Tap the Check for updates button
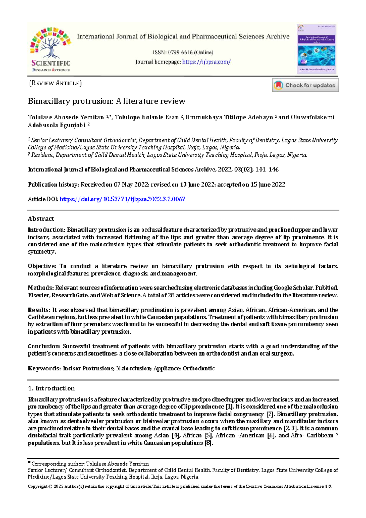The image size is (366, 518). (305, 85)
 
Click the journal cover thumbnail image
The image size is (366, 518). (317, 49)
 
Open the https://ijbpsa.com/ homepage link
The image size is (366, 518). (206, 62)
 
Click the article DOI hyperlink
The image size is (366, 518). (122, 199)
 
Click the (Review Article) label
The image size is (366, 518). (55, 83)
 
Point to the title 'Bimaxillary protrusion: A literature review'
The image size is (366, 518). (106, 101)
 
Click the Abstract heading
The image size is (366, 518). (41, 219)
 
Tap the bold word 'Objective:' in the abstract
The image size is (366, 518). (42, 266)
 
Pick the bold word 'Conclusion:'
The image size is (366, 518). (44, 346)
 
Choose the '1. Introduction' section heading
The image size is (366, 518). (51, 388)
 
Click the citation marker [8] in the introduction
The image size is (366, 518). (208, 443)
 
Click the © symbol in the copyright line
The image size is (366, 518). (50, 487)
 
